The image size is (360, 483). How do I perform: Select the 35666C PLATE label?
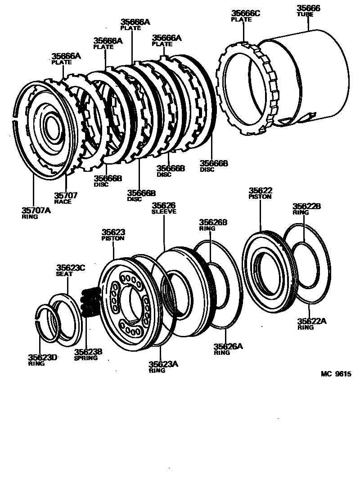tap(245, 16)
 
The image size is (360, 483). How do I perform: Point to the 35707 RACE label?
tap(66, 197)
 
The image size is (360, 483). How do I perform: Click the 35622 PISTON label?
tap(261, 193)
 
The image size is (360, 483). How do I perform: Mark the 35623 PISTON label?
tap(113, 235)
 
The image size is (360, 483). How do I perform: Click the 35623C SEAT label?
tap(70, 270)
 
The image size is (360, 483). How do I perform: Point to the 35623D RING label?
tap(43, 360)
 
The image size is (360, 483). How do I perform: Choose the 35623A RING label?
tap(163, 367)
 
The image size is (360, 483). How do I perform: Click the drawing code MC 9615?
tap(335, 374)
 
